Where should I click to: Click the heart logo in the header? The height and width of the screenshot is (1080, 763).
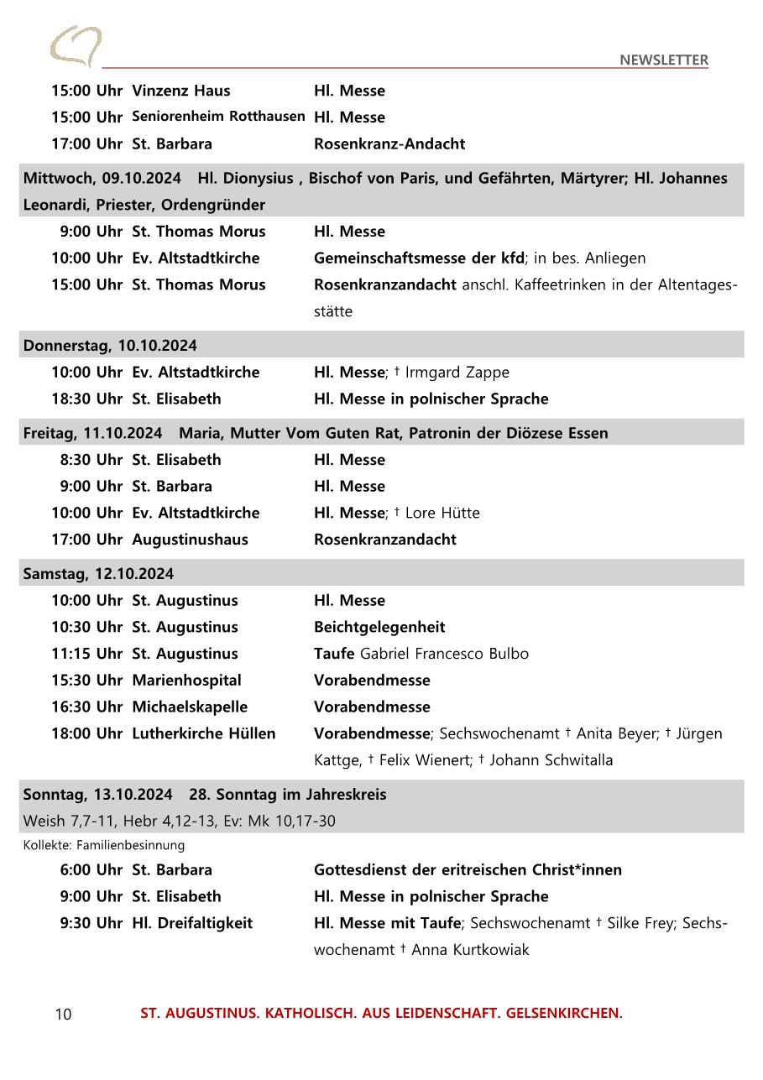coord(76,46)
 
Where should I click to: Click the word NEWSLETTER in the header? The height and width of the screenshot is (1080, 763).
coord(663,60)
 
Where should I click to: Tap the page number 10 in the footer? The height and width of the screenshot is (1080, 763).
coord(63,1015)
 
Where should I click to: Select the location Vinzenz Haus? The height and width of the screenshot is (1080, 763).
coord(180,91)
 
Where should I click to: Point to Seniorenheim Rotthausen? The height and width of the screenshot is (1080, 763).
coord(218,117)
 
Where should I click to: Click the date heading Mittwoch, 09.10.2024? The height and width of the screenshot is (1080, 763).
coord(102,178)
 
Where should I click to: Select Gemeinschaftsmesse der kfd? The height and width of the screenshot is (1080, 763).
coord(418,258)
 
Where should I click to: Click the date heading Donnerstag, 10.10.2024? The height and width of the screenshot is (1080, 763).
coord(110,346)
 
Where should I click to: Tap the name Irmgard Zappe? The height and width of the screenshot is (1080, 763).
coord(457,372)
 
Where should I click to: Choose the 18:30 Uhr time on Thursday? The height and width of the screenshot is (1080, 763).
coord(86,399)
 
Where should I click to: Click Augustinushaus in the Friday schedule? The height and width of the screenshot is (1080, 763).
coord(190,540)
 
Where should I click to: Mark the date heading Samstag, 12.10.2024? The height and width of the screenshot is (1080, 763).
coord(98,574)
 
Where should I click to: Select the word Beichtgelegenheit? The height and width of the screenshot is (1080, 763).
coord(379,627)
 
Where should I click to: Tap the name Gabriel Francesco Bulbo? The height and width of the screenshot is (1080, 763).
coord(444,654)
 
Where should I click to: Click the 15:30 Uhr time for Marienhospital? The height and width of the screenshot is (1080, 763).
coord(86,681)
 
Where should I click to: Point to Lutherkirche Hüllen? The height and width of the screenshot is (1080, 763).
coord(203,733)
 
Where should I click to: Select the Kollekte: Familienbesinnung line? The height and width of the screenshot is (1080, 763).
coord(103,845)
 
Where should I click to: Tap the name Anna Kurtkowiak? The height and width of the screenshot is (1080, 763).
coord(470,950)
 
